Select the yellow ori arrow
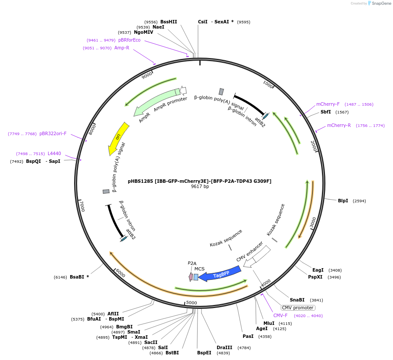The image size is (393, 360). (118, 138)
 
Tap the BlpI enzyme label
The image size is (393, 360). (343, 201)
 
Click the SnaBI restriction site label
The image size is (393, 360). (297, 300)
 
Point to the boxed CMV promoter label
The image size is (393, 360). (297, 308)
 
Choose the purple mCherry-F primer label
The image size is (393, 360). (328, 104)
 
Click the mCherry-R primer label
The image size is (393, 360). (339, 125)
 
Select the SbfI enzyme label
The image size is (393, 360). (325, 112)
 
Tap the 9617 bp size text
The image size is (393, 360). (200, 187)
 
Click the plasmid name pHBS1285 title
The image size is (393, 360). (199, 181)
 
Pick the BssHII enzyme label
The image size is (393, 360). (169, 22)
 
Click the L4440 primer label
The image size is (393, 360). (54, 153)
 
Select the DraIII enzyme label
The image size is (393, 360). (224, 347)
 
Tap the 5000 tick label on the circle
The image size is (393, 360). (191, 302)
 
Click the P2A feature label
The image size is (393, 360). (192, 263)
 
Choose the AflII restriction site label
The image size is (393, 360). (113, 314)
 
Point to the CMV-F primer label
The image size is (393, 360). (280, 315)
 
